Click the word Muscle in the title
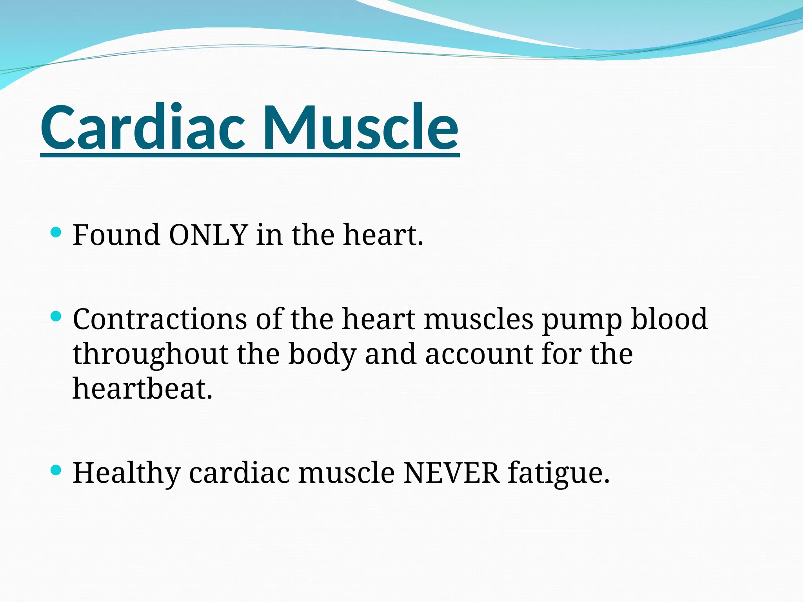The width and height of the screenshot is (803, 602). click(361, 127)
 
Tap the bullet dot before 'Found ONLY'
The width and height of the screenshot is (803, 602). click(56, 232)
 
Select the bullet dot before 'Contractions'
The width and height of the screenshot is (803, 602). click(56, 316)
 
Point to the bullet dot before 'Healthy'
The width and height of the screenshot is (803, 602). click(56, 470)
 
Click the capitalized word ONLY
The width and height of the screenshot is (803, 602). click(208, 235)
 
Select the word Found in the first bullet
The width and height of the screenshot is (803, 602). click(116, 235)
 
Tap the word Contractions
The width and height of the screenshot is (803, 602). click(160, 319)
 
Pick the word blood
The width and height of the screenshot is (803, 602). click(669, 319)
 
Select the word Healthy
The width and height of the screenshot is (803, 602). click(126, 473)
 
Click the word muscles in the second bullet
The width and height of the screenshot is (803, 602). click(479, 319)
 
